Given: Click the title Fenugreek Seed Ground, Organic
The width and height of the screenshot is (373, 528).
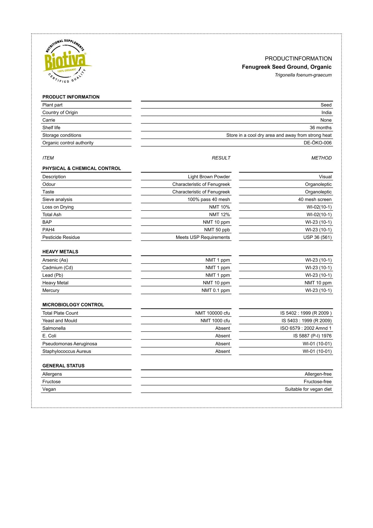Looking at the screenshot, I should click(x=286, y=67).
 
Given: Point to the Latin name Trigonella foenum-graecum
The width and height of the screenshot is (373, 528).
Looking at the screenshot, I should click(x=303, y=75).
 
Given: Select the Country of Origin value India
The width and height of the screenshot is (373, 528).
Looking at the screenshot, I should click(x=326, y=113).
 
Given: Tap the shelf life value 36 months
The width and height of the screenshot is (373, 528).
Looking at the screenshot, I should click(x=320, y=128).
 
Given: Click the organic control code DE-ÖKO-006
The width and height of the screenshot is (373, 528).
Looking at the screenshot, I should click(x=318, y=143).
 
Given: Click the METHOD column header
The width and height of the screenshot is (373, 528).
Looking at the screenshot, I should click(x=321, y=158).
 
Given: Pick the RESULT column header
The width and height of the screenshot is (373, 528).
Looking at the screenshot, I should click(x=221, y=158).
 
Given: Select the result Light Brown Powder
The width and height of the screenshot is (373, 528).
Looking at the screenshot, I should click(x=209, y=177).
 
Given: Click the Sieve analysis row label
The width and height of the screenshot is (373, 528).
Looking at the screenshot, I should click(x=57, y=199).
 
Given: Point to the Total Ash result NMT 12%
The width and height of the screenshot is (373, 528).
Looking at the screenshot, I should click(x=219, y=214).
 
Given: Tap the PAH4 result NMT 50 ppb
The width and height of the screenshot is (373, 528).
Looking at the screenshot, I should click(x=217, y=230).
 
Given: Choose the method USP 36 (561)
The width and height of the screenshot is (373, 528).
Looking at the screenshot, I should click(x=317, y=237).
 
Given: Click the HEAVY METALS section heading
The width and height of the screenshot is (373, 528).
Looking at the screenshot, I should click(x=60, y=252).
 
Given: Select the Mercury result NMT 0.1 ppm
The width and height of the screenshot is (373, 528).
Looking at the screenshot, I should click(x=216, y=290).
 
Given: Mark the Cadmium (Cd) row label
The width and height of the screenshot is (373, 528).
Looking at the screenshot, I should click(x=58, y=268).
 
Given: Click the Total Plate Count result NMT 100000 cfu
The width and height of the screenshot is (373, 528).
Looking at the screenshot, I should click(x=213, y=313).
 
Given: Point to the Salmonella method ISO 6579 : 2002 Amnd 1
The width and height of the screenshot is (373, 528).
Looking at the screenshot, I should click(x=306, y=328).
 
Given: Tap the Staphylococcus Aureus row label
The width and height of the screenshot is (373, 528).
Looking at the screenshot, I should click(x=67, y=351).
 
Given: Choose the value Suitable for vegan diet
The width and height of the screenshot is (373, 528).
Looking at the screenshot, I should click(x=308, y=389).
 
